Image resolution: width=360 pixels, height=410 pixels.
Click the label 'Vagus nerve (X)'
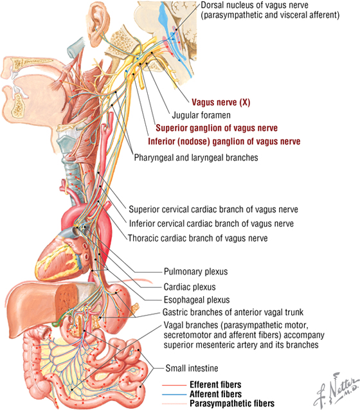(x=221, y=102)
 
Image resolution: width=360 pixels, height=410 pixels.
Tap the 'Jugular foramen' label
(x=201, y=115)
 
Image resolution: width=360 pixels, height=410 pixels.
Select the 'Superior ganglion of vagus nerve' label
(x=217, y=128)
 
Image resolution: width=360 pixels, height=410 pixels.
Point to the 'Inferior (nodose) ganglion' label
(x=224, y=141)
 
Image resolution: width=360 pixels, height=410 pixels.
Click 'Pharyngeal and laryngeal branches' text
(x=196, y=157)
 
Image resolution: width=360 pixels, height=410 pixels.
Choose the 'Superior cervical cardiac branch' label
(x=213, y=209)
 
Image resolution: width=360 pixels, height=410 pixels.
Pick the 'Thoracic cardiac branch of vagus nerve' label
(x=198, y=238)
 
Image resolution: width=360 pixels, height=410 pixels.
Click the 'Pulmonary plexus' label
(x=195, y=272)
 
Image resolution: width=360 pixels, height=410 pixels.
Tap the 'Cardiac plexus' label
(x=190, y=287)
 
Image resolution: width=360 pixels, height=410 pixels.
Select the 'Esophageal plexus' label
(x=197, y=299)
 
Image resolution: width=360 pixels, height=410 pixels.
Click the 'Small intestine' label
(x=192, y=368)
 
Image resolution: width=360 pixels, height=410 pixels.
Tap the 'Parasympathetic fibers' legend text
(x=232, y=404)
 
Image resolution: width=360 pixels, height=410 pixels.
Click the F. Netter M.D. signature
(x=336, y=389)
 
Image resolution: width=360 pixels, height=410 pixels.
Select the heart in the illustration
(x=63, y=251)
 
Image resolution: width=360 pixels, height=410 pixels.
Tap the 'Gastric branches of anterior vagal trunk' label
(x=233, y=312)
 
